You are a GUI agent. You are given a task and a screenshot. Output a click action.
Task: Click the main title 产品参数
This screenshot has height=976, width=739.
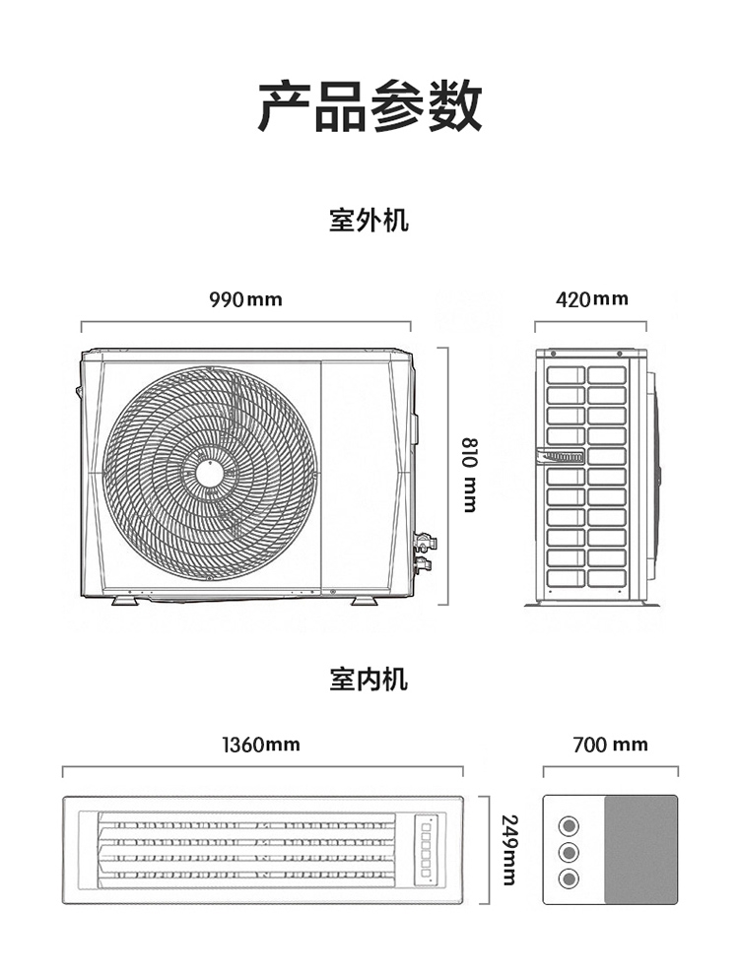[x=369, y=106]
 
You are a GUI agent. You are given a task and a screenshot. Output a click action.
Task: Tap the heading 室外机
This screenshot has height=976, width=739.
[x=369, y=220]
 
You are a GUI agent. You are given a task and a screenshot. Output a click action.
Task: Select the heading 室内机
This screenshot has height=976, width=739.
[x=369, y=679]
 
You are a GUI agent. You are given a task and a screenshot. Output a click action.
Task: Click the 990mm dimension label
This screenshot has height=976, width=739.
[x=245, y=298]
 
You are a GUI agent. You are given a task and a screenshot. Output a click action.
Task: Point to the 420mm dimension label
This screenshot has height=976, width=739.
[x=591, y=298]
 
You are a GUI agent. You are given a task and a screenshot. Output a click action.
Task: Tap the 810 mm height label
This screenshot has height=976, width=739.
[x=469, y=475]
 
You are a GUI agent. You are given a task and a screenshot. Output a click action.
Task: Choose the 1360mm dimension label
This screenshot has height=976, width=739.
[x=260, y=745]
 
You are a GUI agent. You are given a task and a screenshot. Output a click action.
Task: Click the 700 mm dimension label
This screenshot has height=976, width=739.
[x=611, y=745]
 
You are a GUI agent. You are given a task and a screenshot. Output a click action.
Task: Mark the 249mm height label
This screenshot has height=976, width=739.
[x=509, y=849]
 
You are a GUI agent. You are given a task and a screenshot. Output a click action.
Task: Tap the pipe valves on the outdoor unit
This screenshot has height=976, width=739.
[x=424, y=553]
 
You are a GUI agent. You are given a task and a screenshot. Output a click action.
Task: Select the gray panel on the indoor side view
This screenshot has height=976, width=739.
[x=640, y=850]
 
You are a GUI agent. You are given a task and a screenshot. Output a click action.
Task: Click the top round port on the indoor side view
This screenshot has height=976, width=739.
[x=569, y=825]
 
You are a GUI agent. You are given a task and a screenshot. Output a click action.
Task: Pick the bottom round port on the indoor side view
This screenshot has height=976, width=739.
[x=569, y=878]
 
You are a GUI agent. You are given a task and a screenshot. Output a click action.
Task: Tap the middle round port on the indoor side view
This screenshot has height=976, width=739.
[x=569, y=851]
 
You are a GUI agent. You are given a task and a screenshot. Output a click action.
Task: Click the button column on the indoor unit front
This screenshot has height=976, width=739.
[x=427, y=846]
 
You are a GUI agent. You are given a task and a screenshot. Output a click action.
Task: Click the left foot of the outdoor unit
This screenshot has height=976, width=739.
[x=125, y=599]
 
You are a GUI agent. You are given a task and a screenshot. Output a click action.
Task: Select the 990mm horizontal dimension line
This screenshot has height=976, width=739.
[x=245, y=321]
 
